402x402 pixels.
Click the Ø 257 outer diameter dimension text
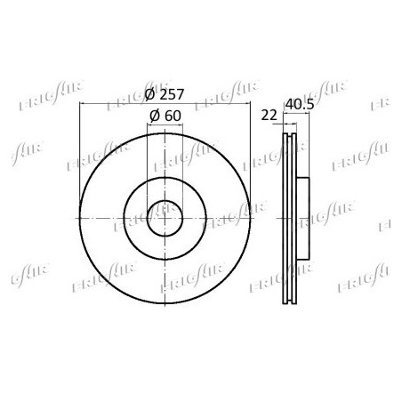(165, 94)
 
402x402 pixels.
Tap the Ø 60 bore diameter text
(165, 116)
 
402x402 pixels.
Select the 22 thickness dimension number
(269, 115)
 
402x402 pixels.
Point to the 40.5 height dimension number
(300, 104)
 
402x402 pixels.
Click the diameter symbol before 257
(150, 94)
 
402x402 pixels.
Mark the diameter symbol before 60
(155, 116)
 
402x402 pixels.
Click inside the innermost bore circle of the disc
(165, 219)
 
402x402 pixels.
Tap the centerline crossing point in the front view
(165, 219)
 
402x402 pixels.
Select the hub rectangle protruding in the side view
(303, 219)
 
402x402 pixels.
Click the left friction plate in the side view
(285, 219)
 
